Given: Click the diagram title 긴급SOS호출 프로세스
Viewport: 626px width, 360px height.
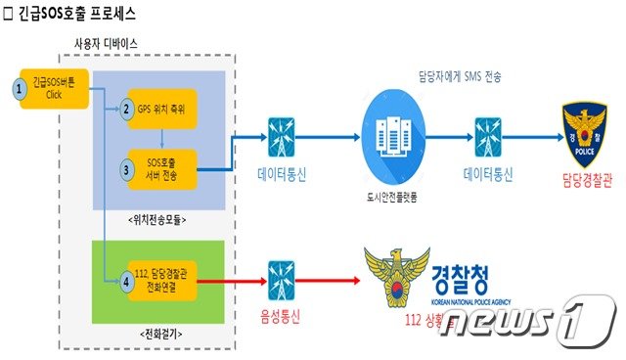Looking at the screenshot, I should pos(74,14).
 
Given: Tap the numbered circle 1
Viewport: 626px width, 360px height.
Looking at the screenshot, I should pos(18,89).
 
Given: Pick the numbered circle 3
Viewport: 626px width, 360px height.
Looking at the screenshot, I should pos(126,167).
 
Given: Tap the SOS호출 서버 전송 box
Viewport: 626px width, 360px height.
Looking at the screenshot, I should pos(161,167).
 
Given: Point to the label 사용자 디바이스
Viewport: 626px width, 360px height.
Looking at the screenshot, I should pos(106,46).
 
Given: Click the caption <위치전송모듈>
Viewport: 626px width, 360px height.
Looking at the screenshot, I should pos(158,220).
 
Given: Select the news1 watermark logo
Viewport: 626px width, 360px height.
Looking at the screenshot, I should pos(528,328).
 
